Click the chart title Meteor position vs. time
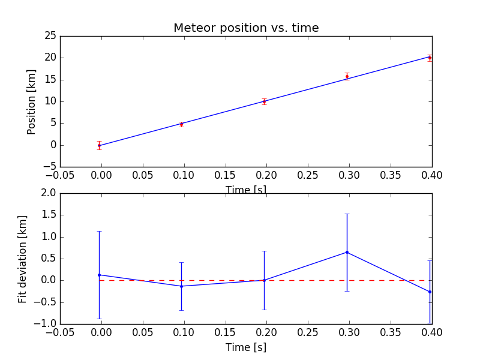246,28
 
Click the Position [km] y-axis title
32,101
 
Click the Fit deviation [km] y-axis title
23,259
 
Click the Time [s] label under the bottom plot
246,347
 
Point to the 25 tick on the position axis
50,36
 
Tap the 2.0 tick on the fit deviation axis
48,193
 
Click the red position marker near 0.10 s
181,124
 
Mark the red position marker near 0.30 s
347,76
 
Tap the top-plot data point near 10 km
264,101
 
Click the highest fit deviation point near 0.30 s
347,252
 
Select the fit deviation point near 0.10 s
181,286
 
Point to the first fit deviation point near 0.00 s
99,275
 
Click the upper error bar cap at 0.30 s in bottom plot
347,214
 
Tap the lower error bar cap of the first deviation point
99,319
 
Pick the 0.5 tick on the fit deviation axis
48,259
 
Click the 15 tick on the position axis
50,80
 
